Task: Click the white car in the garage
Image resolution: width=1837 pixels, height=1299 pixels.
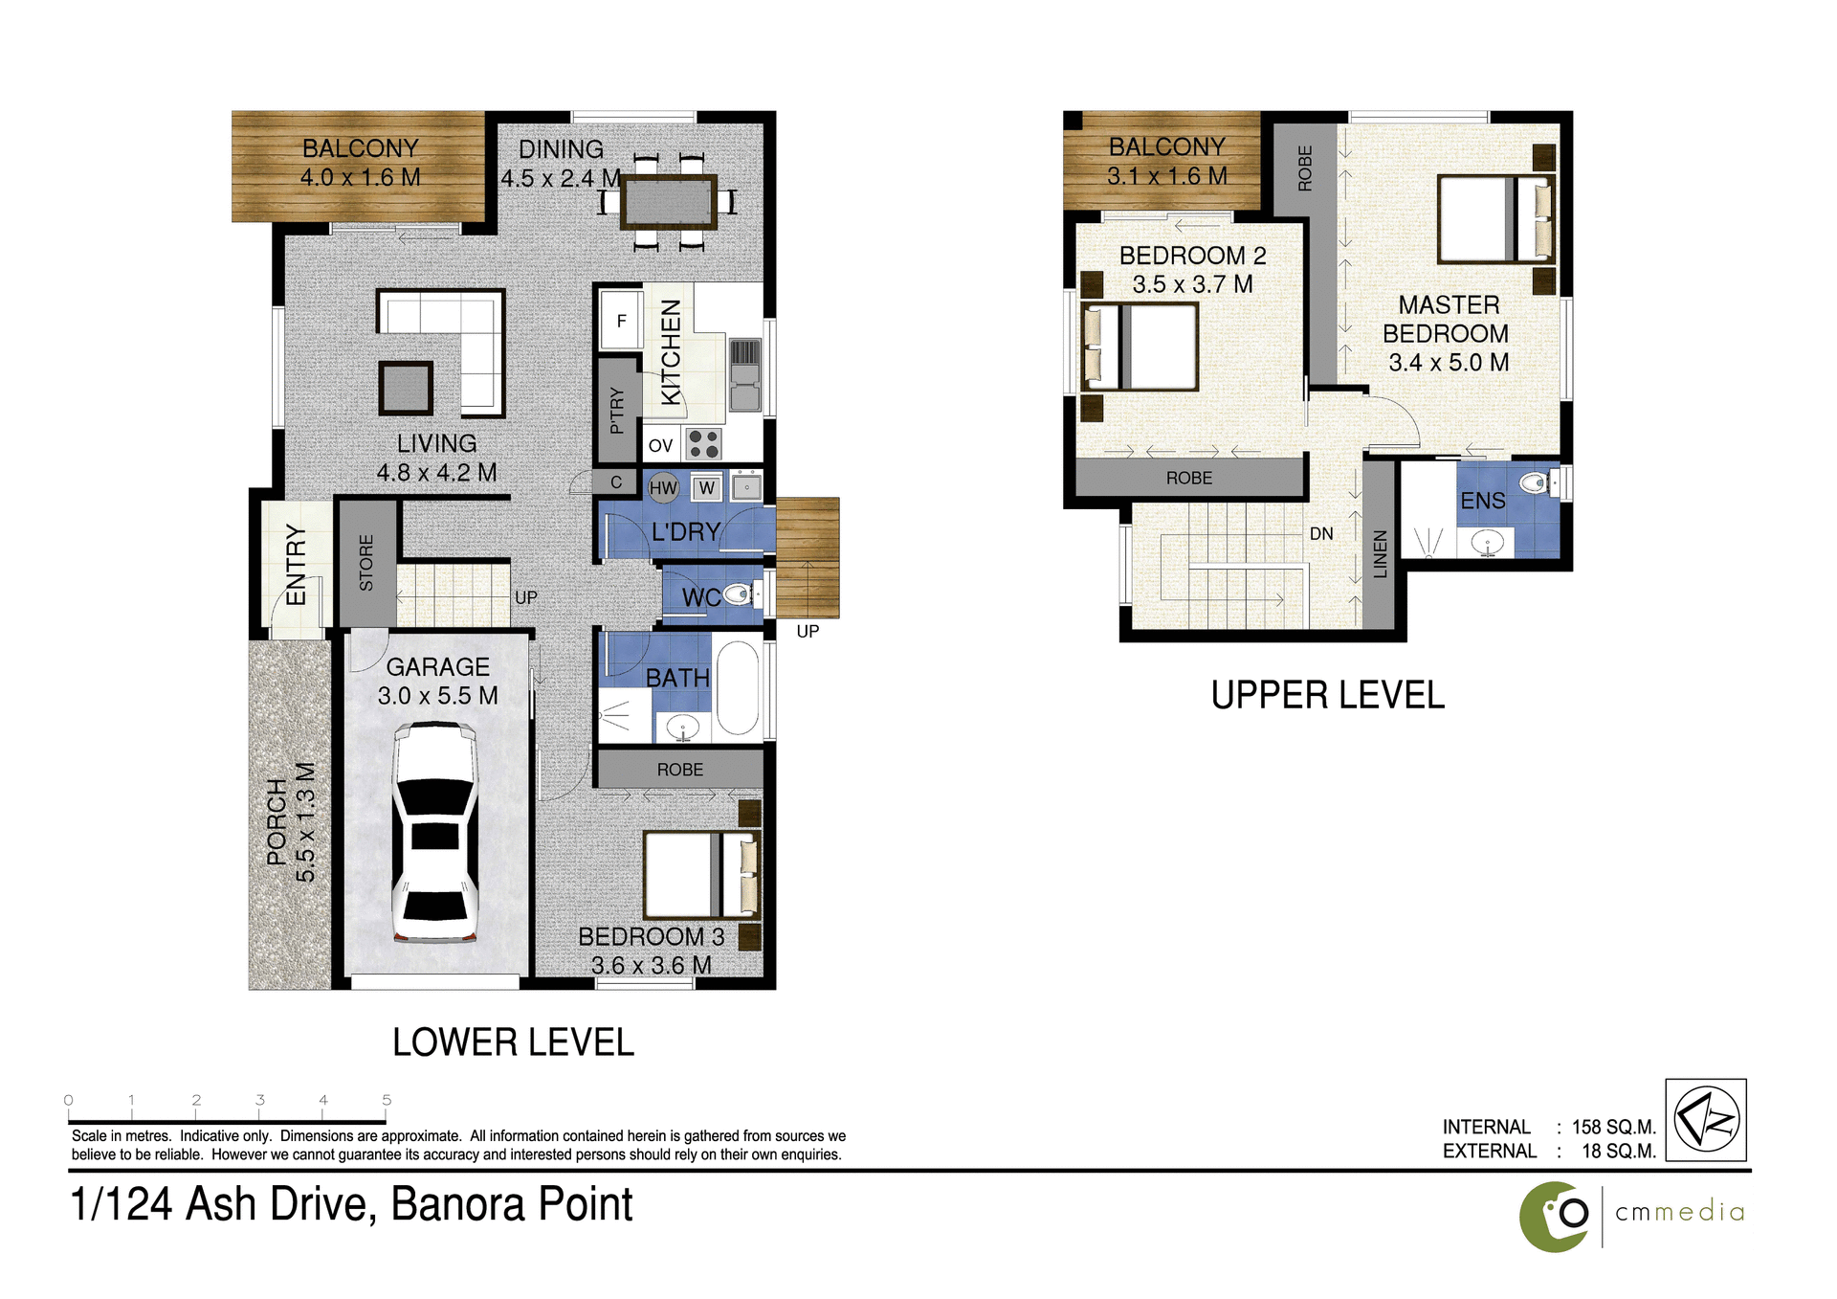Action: (435, 833)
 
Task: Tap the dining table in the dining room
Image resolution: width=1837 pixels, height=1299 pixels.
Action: (668, 202)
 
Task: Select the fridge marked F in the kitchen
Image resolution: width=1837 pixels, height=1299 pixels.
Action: (621, 321)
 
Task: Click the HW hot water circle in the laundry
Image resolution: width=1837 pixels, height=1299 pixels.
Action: (663, 488)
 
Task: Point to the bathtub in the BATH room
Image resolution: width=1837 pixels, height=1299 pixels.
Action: (737, 687)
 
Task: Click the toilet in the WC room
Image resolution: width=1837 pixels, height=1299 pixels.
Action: (738, 595)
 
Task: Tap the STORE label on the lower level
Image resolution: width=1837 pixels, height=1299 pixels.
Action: (366, 563)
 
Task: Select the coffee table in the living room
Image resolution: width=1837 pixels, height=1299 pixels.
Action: (406, 388)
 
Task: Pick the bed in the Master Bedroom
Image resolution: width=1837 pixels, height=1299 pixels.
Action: (1495, 218)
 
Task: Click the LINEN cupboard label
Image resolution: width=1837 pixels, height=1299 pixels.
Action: (1380, 554)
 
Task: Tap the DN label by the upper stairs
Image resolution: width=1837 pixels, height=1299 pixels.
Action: (1321, 534)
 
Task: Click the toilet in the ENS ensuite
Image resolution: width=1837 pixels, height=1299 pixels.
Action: (1537, 482)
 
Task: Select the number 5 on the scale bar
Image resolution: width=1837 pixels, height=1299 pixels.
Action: (387, 1100)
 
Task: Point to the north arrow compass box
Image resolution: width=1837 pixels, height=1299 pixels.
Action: (1705, 1120)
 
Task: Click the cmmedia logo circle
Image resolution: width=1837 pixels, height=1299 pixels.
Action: (1555, 1216)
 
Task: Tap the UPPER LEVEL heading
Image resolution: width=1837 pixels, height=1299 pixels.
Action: (1327, 695)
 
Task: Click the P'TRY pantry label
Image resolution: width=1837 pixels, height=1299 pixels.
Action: (617, 411)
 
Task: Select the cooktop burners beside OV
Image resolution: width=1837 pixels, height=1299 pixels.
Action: (704, 444)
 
